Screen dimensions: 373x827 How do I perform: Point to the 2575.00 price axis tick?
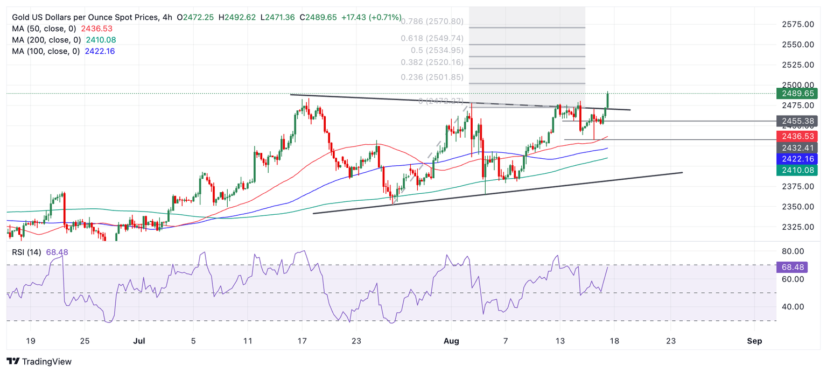coord(797,24)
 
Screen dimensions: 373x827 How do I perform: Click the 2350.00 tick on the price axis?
coord(797,207)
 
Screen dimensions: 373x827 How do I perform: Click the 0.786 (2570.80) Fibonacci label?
coord(432,22)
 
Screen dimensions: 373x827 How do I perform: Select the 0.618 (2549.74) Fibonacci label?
coord(432,39)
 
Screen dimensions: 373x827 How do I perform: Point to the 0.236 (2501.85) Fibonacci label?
coord(432,77)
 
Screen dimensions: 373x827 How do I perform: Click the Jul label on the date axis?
coord(139,341)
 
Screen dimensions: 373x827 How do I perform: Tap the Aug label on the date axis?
coord(451,341)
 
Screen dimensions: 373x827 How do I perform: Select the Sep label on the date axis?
coord(754,341)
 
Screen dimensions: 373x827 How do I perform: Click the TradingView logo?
coord(39,362)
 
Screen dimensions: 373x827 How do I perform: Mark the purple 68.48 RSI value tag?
coord(792,267)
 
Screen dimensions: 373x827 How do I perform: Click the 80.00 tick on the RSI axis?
coord(793,251)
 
